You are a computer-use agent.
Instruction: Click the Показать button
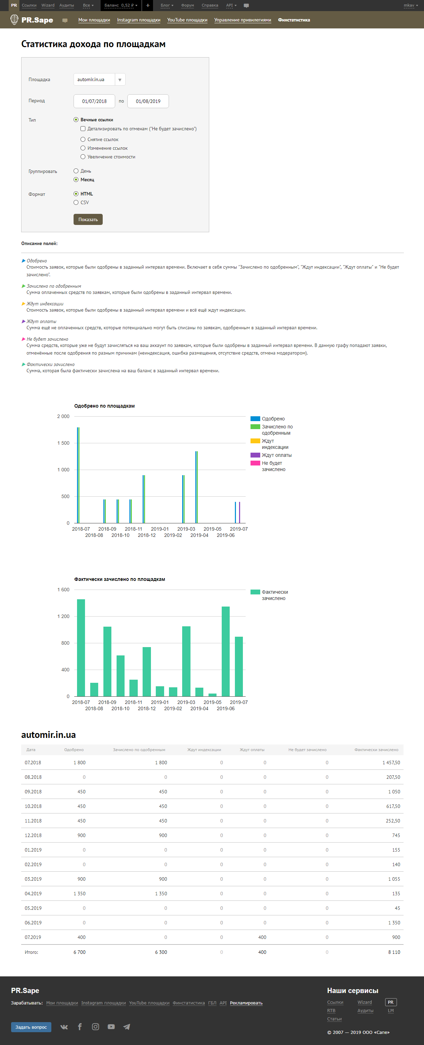pos(88,219)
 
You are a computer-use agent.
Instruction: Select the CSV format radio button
pos(76,202)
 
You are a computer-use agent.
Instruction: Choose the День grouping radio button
pos(76,171)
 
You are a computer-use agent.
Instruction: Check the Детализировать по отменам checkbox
pos(83,129)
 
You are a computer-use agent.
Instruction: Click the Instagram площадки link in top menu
pos(138,20)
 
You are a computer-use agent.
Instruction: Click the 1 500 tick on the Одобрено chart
pos(63,443)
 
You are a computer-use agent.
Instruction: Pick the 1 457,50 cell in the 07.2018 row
pos(391,763)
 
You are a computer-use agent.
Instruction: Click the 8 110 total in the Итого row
pos(393,952)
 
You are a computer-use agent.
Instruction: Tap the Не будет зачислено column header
pos(307,750)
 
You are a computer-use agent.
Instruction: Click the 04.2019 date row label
pos(33,893)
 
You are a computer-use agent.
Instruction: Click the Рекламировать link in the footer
pos(246,1003)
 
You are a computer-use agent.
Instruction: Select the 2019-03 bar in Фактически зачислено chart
pos(186,661)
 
